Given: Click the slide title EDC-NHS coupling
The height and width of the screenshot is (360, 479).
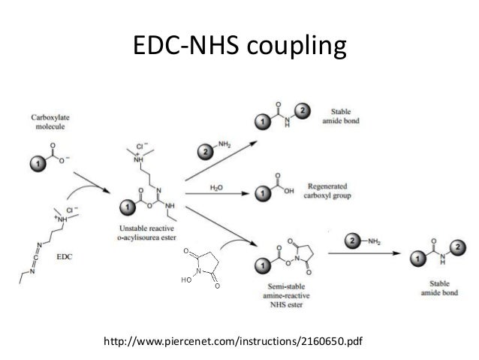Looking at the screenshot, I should [239, 47].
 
